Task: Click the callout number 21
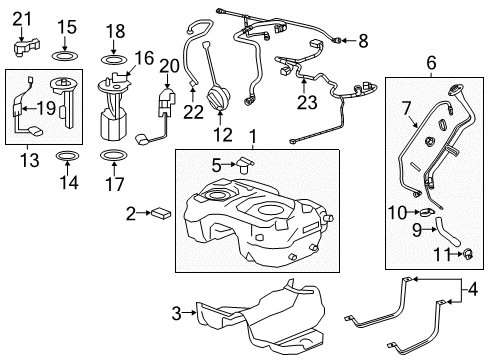[22, 16]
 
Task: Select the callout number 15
[66, 27]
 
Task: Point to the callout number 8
[363, 40]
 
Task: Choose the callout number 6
[431, 62]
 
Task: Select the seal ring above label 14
[67, 155]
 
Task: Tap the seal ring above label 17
[114, 155]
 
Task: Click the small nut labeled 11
[466, 253]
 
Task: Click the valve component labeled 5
[241, 166]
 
